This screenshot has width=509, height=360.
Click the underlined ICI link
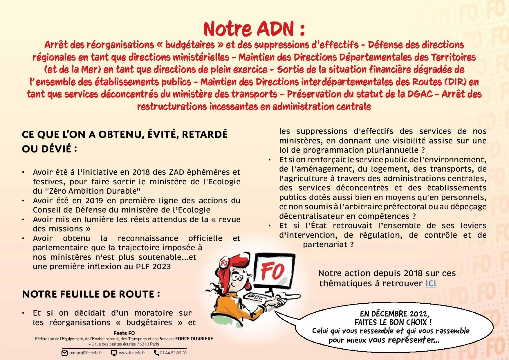[x=430, y=283]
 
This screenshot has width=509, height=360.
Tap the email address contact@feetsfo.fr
[x=86, y=353]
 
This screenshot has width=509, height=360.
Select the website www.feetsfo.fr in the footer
[x=132, y=353]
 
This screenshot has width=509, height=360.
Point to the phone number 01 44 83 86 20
[x=173, y=353]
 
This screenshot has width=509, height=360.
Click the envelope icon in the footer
[x=64, y=353]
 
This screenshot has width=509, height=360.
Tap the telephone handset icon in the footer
[x=156, y=353]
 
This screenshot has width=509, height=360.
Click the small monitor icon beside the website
[x=114, y=353]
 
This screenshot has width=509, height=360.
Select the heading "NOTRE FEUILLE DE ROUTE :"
[x=91, y=294]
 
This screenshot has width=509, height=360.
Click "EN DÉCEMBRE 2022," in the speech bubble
[x=394, y=314]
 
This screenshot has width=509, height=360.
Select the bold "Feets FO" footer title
[x=124, y=333]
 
